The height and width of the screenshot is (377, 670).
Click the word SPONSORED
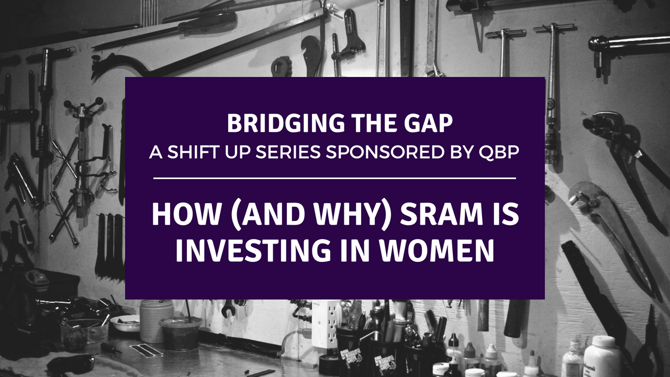[384, 152]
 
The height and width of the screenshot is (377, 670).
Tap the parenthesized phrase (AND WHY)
[311, 215]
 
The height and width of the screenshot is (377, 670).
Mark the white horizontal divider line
[334, 179]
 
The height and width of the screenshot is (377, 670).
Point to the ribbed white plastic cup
[157, 321]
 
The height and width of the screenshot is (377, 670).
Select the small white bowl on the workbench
[126, 323]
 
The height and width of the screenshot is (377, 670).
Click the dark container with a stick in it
[181, 332]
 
